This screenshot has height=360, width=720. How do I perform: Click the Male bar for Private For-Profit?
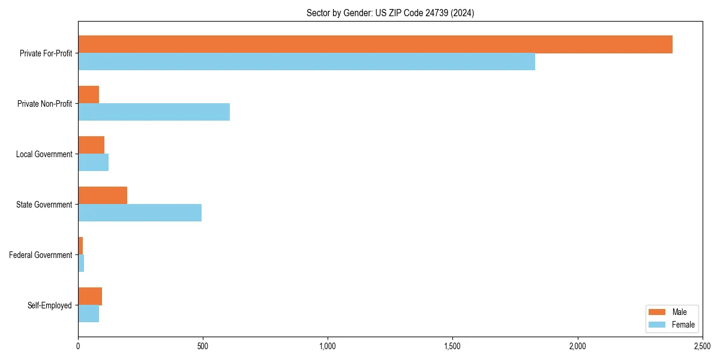[x=375, y=44]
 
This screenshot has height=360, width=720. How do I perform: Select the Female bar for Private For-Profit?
[x=306, y=62]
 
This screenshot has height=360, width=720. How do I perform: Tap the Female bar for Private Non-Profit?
[x=154, y=112]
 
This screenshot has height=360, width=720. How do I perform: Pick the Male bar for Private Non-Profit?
[x=88, y=95]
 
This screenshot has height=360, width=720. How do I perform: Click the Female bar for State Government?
[x=140, y=213]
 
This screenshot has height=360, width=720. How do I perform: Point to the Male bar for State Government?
[x=103, y=196]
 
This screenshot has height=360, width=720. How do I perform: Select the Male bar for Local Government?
[x=91, y=145]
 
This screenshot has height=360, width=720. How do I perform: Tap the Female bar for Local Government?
[x=93, y=163]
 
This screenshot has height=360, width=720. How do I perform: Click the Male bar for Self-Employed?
[x=90, y=296]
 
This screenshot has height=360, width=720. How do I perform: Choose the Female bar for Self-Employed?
[x=88, y=314]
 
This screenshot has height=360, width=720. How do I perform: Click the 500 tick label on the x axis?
[x=203, y=346]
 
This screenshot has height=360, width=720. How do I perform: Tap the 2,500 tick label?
[x=702, y=346]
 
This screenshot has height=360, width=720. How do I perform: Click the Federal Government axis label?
[x=40, y=255]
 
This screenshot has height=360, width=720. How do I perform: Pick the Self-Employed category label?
[x=49, y=305]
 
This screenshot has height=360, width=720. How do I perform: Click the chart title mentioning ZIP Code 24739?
[x=390, y=13]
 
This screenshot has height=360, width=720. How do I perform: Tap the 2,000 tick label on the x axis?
[x=577, y=346]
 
